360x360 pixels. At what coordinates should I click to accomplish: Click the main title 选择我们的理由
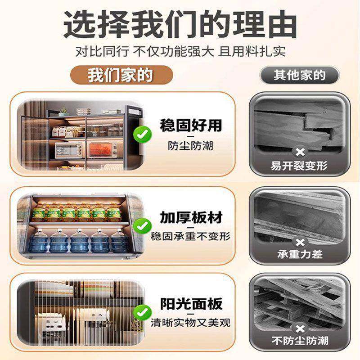pos(180,25)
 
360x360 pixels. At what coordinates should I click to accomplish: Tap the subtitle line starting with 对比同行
pos(180,50)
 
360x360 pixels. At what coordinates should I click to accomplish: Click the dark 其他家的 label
pos(300,74)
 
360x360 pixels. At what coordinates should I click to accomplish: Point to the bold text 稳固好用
pos(191,125)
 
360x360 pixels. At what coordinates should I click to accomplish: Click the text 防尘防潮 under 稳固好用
pos(191,146)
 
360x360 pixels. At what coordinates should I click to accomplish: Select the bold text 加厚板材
pos(191,217)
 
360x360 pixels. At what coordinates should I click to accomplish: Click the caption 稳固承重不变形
pos(191,236)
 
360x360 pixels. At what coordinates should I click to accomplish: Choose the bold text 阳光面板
pos(191,304)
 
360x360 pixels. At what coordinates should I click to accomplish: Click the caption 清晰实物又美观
pos(191,323)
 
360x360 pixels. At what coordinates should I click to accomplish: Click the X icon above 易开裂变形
pos(300,152)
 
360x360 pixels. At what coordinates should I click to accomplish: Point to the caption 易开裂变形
pos(300,166)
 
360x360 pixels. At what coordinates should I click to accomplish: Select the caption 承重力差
pos(300,254)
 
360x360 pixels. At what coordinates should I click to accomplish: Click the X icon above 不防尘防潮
pos(300,327)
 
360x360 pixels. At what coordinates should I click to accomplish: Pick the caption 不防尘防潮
pos(300,341)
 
